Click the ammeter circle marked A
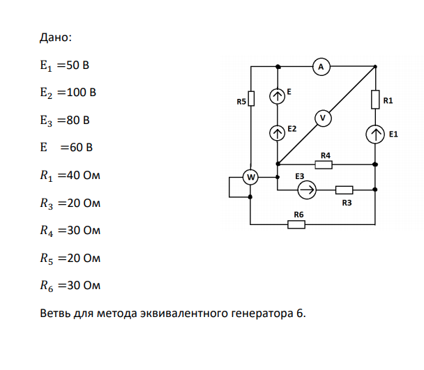[x=321, y=66]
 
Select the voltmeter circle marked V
[x=323, y=118]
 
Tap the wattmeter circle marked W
[x=250, y=177]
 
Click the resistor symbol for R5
[x=251, y=98]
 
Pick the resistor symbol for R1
[x=375, y=100]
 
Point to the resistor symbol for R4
[x=324, y=164]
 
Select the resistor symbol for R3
[x=344, y=190]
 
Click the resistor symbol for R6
[x=296, y=224]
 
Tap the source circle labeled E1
[x=375, y=134]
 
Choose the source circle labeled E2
[x=277, y=133]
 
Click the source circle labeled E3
[x=307, y=190]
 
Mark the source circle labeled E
[x=277, y=96]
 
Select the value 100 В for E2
[x=81, y=93]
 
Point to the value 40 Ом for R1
[x=83, y=176]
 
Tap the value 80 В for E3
[x=78, y=121]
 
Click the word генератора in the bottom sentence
[x=262, y=314]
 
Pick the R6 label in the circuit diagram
[x=298, y=215]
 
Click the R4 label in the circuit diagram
[x=326, y=155]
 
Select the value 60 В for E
[x=81, y=148]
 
